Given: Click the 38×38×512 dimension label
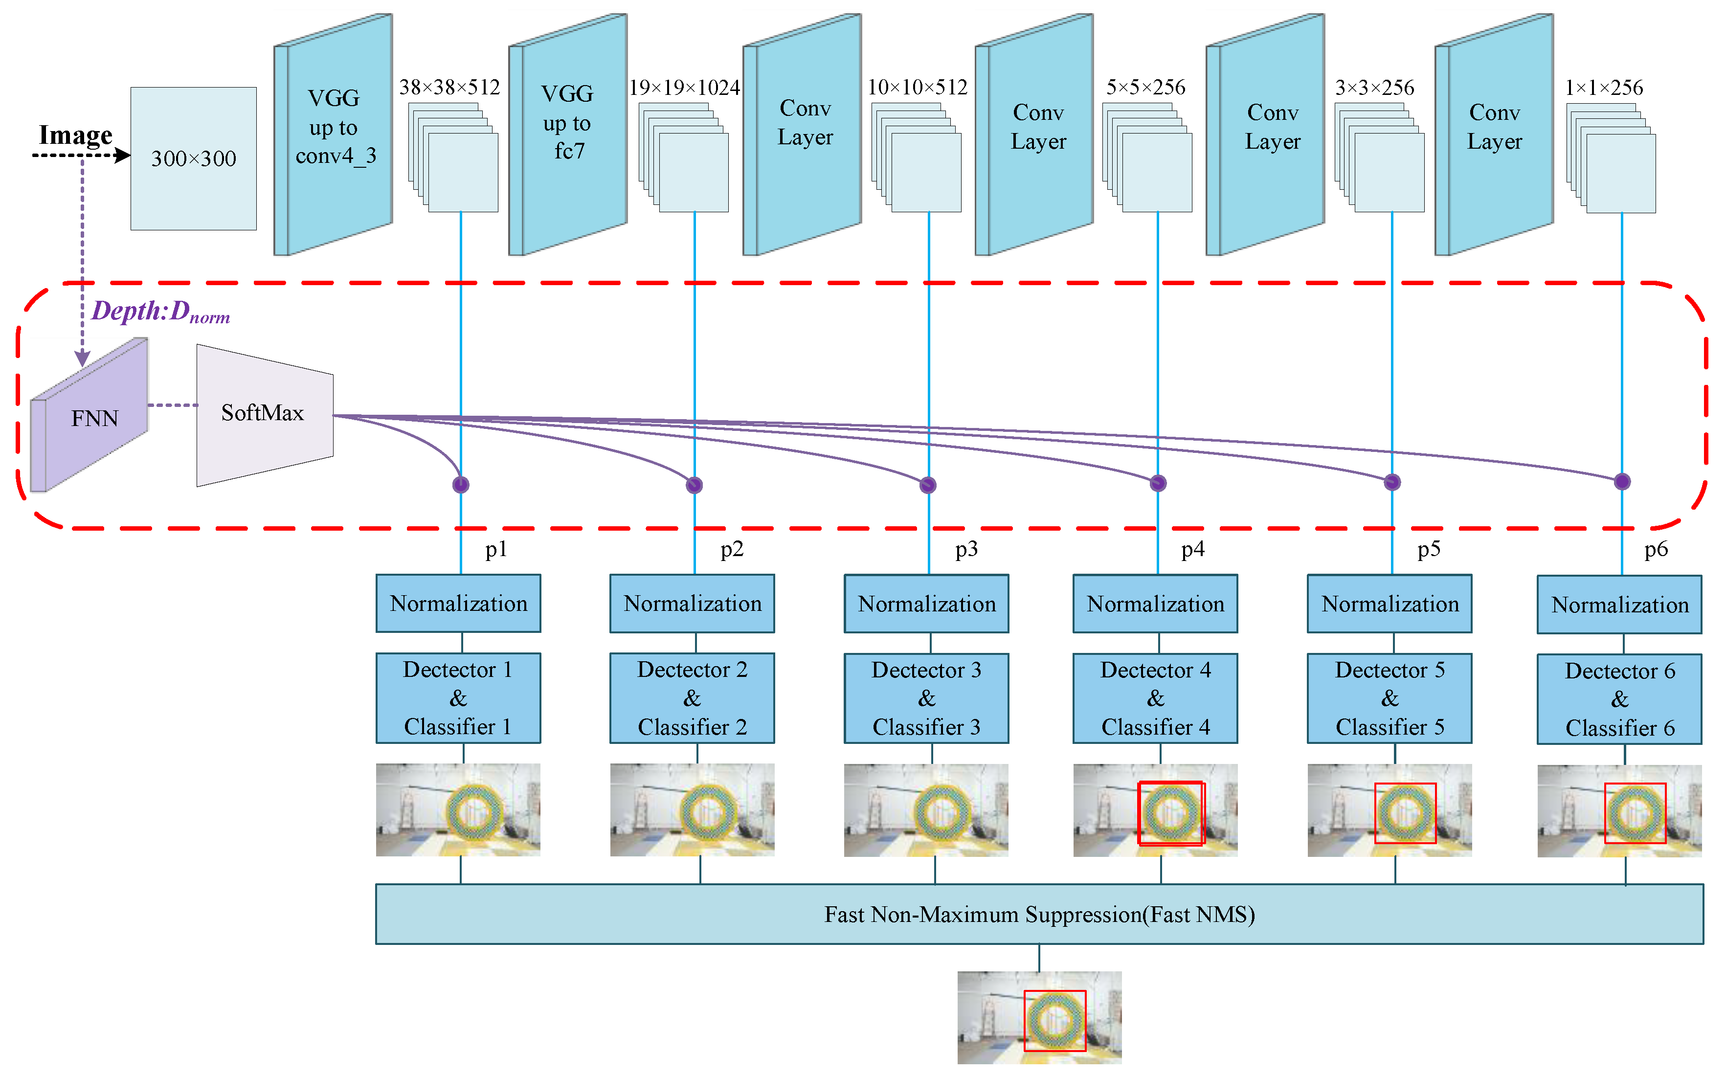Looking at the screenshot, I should click(x=449, y=88).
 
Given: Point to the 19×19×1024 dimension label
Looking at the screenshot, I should click(x=684, y=88).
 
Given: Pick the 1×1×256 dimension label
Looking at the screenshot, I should click(x=1604, y=88).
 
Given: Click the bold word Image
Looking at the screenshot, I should click(x=75, y=134).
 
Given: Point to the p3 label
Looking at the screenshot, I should click(x=965, y=549).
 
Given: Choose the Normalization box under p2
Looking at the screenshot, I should click(x=692, y=604).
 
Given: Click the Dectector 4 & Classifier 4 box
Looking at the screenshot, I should click(x=1155, y=698).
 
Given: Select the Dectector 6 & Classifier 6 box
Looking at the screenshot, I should click(x=1619, y=699).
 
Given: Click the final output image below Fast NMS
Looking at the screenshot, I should click(x=1039, y=1018).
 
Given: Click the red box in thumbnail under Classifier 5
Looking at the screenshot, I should click(x=1405, y=784).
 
